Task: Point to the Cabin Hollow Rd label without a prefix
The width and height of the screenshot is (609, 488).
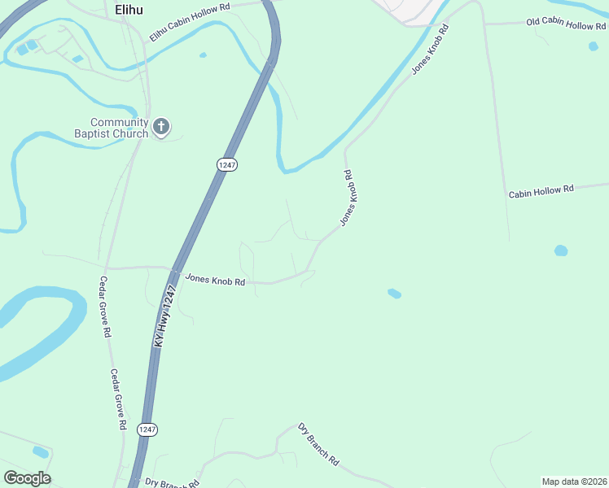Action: [x=541, y=191]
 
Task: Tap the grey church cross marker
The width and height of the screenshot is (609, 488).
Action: [x=161, y=127]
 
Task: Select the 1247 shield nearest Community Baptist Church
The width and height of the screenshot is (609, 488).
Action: [x=226, y=164]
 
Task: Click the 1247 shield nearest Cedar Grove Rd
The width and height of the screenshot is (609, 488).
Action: [x=147, y=429]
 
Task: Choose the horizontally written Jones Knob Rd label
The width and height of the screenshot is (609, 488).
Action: [x=215, y=281]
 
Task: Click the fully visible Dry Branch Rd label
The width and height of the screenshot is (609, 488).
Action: [x=318, y=444]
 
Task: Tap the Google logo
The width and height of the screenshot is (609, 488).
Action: [x=27, y=478]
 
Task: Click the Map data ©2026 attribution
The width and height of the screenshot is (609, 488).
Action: [x=574, y=481]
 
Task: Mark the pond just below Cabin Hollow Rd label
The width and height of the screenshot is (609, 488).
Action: [x=561, y=251]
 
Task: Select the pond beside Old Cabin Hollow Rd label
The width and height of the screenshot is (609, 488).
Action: [x=593, y=46]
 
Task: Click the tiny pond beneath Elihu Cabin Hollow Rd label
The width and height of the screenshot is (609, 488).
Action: [x=202, y=55]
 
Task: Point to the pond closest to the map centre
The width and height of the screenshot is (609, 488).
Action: [x=394, y=293]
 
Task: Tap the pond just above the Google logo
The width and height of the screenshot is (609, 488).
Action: [x=40, y=451]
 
